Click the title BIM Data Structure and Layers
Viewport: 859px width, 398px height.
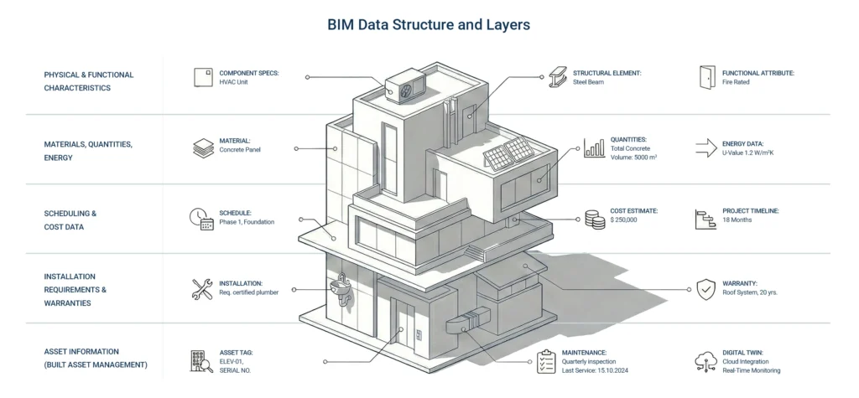pos(429,24)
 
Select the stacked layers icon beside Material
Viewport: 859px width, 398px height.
pos(203,147)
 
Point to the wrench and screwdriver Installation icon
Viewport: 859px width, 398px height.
pos(202,289)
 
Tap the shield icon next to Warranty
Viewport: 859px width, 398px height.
pos(705,289)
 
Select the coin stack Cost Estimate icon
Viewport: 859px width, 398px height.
pos(595,219)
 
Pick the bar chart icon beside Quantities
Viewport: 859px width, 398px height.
pos(595,148)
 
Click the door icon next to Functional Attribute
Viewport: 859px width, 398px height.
pos(705,77)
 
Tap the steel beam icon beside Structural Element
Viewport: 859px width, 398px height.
pos(558,77)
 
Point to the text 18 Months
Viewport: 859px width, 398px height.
pos(738,220)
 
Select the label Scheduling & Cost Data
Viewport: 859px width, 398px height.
pos(70,220)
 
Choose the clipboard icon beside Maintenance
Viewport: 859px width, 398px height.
pos(546,361)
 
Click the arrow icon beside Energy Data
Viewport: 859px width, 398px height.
pos(705,148)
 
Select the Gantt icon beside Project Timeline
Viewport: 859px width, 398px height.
pos(705,219)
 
